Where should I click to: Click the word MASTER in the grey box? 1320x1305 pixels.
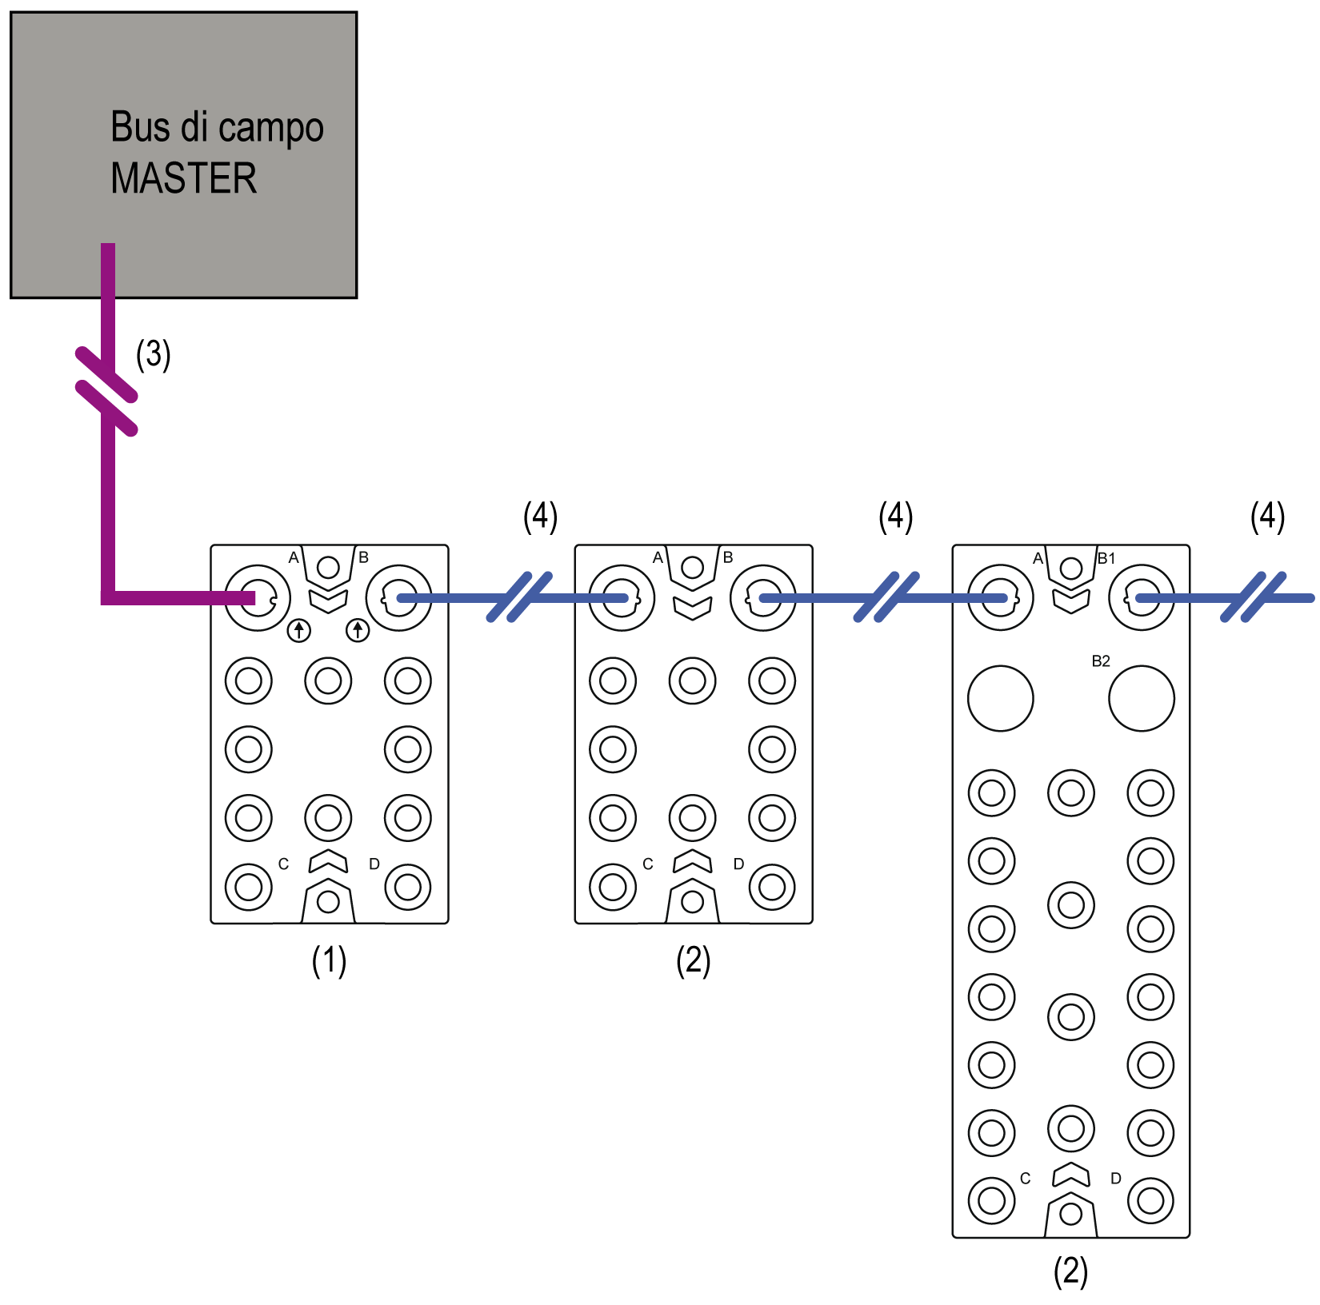point(184,178)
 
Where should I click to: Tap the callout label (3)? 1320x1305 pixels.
point(153,354)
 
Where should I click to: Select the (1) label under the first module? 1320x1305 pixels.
point(329,960)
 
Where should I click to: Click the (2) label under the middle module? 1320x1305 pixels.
point(693,960)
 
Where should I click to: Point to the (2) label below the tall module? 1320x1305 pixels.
point(1070,1271)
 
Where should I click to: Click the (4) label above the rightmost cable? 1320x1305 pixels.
point(1267,517)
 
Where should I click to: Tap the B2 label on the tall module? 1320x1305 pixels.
point(1101,661)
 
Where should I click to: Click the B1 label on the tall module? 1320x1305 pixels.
point(1106,558)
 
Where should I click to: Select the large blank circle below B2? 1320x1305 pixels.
point(1142,699)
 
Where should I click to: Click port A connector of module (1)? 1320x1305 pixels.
point(258,598)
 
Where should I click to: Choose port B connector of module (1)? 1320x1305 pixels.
point(398,598)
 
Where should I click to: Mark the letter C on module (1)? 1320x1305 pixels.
point(283,864)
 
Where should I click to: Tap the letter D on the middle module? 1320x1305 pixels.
point(738,864)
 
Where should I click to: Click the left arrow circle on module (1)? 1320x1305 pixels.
point(299,631)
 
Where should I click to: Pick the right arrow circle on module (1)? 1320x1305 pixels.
point(358,631)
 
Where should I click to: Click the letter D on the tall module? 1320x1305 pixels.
point(1116,1178)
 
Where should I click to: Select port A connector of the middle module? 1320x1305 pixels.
point(622,598)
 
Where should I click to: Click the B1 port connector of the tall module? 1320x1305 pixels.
point(1142,598)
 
